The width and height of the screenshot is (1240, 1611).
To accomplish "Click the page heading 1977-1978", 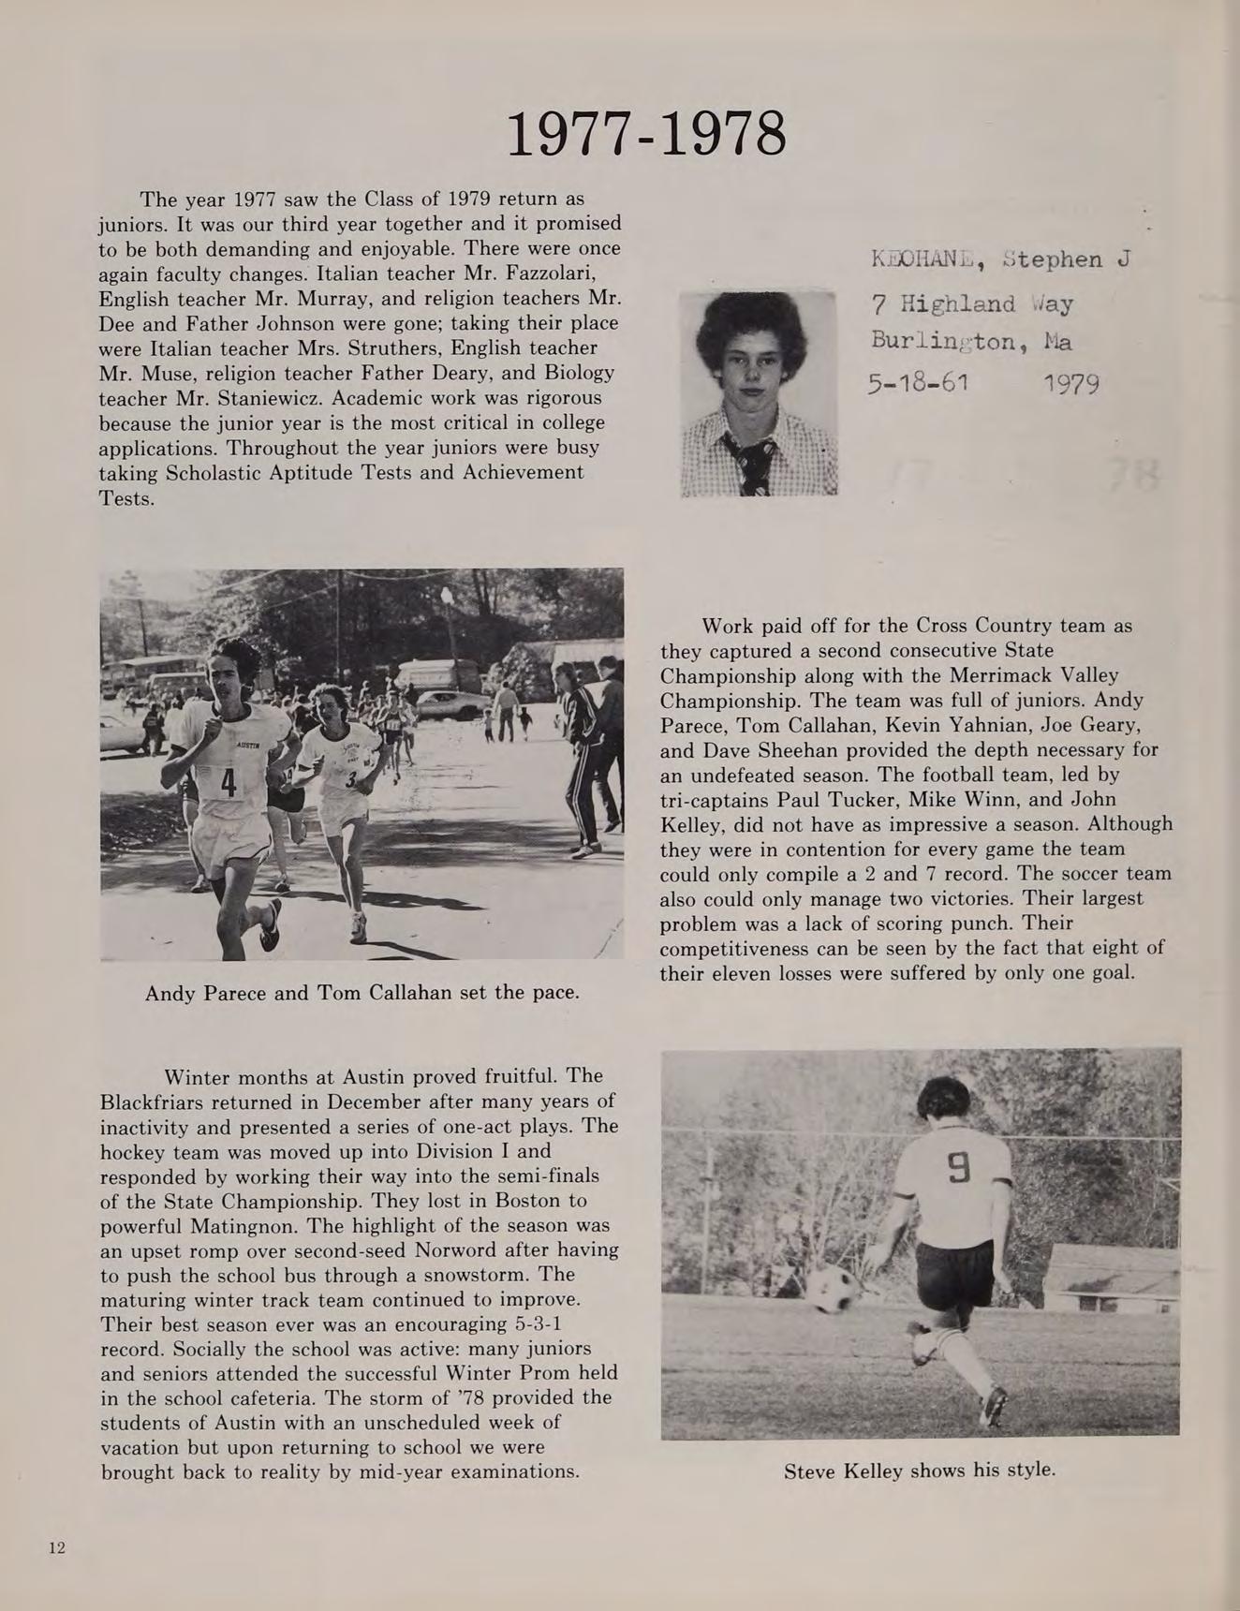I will (x=646, y=134).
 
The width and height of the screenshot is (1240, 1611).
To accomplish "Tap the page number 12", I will (x=57, y=1547).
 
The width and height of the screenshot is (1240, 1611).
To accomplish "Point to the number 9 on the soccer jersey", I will (x=958, y=1168).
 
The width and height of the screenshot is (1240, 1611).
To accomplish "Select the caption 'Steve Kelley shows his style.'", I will (x=919, y=1470).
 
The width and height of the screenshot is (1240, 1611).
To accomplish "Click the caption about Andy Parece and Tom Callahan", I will (x=362, y=992).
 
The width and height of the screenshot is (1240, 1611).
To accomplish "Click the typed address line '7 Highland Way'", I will (x=971, y=304).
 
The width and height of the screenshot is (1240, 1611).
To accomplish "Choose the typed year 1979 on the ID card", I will (x=1071, y=384).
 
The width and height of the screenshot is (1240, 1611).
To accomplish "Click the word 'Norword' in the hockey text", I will (x=455, y=1249).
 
